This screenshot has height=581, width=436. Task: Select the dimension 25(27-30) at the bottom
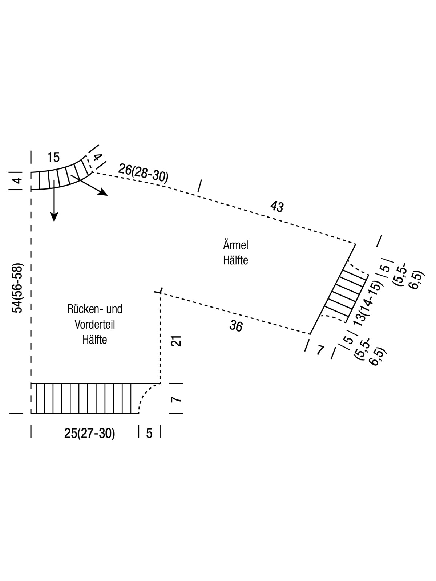point(89,434)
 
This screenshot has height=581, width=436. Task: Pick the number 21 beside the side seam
point(176,341)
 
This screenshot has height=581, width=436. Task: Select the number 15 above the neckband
point(53,158)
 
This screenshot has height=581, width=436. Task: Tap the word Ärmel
point(236,245)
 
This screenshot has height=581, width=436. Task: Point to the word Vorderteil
point(94,325)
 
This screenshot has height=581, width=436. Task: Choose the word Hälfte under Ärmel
point(236,261)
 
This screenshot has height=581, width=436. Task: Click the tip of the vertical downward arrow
point(54,221)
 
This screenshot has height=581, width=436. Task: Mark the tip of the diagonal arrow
point(108,195)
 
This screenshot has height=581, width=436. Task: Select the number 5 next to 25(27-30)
point(149,434)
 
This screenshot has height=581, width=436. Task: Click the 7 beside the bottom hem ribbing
point(176,399)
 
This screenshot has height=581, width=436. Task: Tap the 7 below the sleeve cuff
point(320,350)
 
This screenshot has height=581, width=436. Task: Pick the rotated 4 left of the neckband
point(17,180)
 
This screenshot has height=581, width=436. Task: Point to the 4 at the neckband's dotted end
point(97,158)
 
